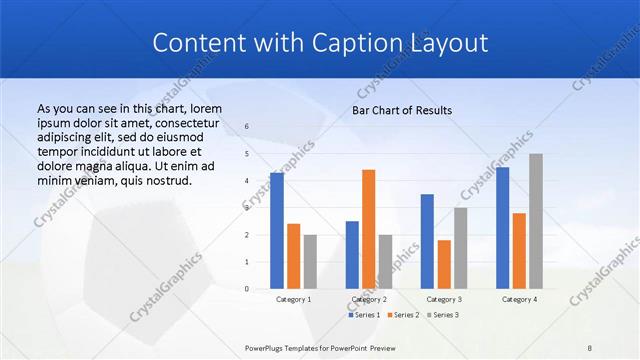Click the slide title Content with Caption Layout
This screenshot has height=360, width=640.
click(x=319, y=43)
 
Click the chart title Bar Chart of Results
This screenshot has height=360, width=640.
click(x=401, y=110)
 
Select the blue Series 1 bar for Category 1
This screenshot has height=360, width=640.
click(x=277, y=231)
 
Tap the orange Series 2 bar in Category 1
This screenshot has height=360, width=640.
click(x=293, y=256)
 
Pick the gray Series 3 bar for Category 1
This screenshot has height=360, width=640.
click(x=310, y=262)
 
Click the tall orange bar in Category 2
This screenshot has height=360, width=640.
click(x=368, y=229)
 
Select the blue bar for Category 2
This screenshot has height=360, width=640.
click(x=352, y=255)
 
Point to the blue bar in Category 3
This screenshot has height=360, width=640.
click(x=427, y=241)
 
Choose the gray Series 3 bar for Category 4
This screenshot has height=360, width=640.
click(x=536, y=221)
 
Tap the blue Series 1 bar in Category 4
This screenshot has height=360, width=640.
click(x=502, y=228)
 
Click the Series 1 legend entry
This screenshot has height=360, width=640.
click(x=364, y=315)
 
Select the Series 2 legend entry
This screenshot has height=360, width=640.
click(x=402, y=315)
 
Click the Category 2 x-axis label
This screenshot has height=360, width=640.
click(x=368, y=299)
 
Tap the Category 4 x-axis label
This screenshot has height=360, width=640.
click(x=519, y=299)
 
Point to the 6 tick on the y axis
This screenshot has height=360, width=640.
click(x=247, y=127)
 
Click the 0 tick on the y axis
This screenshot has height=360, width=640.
click(x=247, y=289)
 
